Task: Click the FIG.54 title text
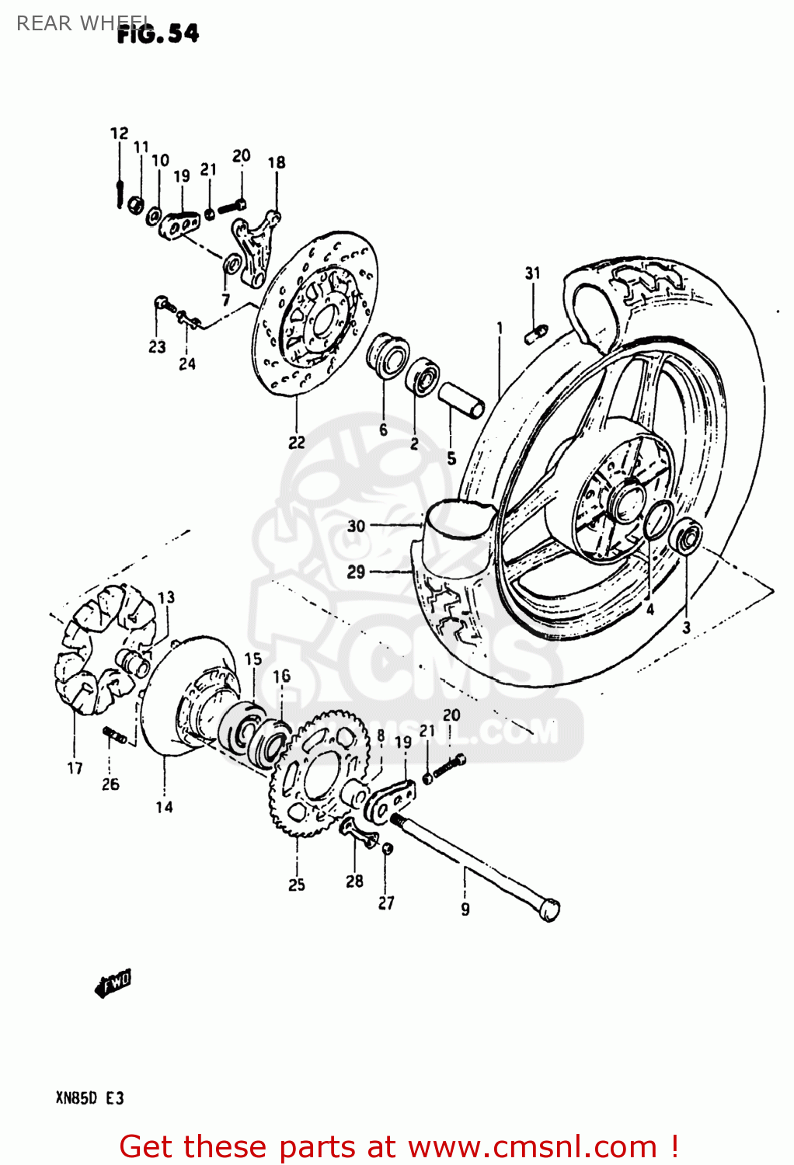click(158, 33)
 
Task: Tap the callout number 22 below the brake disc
click(297, 442)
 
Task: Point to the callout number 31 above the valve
click(532, 273)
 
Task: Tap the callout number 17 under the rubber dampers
click(75, 768)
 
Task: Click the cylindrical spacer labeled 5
click(461, 399)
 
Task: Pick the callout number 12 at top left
click(119, 134)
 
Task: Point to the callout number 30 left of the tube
click(356, 526)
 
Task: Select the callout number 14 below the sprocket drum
click(164, 807)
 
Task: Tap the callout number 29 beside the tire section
click(356, 572)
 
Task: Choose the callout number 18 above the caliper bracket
click(277, 162)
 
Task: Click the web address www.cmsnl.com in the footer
click(532, 1146)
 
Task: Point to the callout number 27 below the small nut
click(386, 902)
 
